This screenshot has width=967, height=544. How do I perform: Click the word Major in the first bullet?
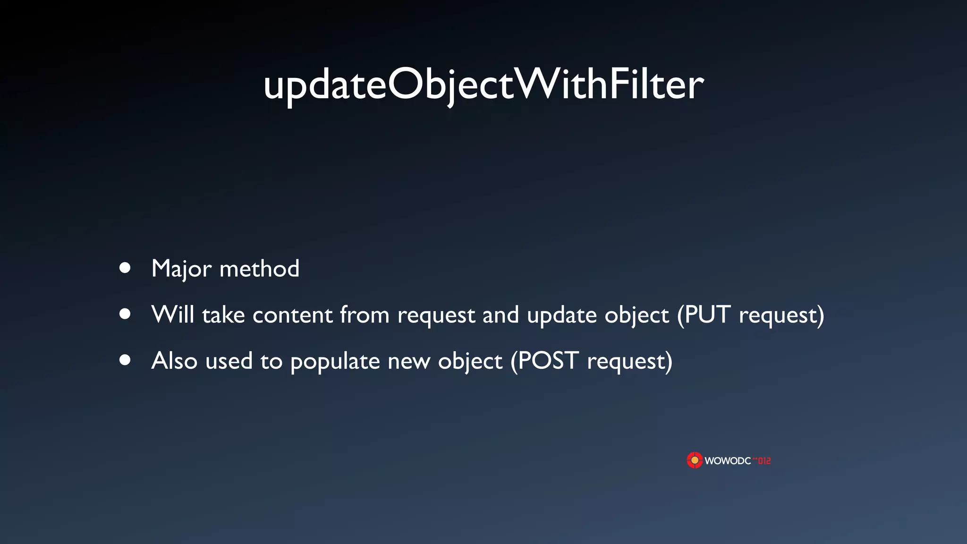(x=181, y=269)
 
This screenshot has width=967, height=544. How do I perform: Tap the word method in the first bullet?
(x=259, y=268)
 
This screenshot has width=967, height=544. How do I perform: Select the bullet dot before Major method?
(x=125, y=268)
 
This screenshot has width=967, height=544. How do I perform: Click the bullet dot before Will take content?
(x=125, y=314)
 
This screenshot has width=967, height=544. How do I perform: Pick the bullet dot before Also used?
(x=125, y=360)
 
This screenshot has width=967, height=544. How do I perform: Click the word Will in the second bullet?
(x=173, y=314)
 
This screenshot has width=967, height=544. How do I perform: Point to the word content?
(x=293, y=315)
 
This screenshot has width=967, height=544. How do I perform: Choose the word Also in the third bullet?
(x=174, y=361)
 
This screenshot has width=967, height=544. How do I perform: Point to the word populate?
(x=335, y=362)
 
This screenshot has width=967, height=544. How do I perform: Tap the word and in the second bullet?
(x=500, y=314)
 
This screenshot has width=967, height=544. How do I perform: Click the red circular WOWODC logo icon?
(x=695, y=460)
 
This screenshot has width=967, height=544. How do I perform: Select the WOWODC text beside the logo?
(x=728, y=461)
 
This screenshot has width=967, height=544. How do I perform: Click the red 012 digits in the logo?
(x=764, y=460)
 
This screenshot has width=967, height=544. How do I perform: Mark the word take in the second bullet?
(x=223, y=314)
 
